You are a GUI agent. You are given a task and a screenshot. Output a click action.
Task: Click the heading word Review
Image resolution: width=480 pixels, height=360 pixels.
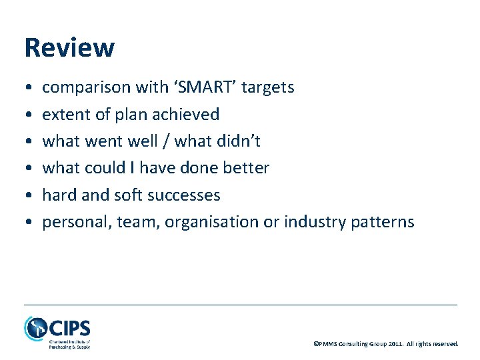click(x=69, y=48)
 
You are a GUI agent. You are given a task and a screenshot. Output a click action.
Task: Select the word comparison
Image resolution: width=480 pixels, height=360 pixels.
click(x=87, y=87)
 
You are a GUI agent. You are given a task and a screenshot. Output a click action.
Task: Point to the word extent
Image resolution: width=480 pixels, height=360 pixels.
click(x=61, y=115)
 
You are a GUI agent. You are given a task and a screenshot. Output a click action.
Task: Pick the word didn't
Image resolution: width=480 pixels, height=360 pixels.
click(x=239, y=141)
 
